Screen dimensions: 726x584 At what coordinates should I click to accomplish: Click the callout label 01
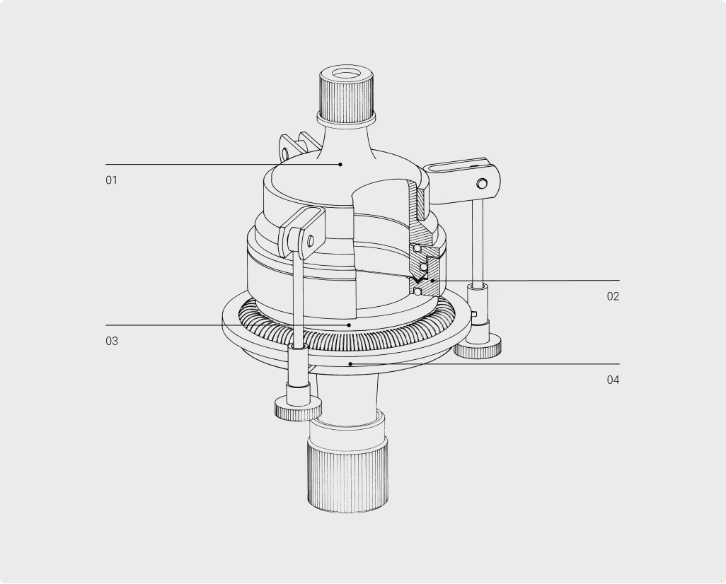coord(112,180)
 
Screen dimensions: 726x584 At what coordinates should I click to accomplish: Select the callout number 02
coord(613,296)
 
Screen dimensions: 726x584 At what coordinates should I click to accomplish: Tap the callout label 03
coord(112,341)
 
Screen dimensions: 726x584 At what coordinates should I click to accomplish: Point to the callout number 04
coord(613,380)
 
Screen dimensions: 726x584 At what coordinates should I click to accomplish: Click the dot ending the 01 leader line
coord(340,164)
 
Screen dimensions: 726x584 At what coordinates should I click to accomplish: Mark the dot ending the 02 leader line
coord(432,281)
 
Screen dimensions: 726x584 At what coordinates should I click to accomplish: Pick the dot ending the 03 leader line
coord(349,325)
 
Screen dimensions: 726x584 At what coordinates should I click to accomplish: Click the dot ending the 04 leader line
coord(350,363)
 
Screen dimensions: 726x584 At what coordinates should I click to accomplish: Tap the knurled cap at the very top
coord(346,95)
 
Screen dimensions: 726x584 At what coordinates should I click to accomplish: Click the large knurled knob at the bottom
coord(347,475)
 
